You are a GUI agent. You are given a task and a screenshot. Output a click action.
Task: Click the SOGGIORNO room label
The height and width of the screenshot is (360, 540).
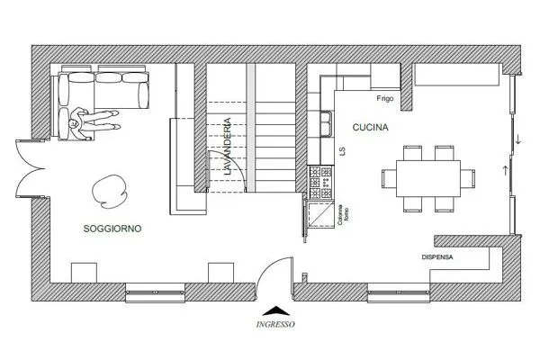pyautogui.click(x=112, y=229)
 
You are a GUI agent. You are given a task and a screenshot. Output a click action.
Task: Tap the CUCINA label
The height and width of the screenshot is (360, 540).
pyautogui.click(x=370, y=127)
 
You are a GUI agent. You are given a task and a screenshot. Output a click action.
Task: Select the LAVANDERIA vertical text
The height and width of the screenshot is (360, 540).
pyautogui.click(x=228, y=147)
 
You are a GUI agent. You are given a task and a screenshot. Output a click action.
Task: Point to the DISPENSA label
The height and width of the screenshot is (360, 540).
pyautogui.click(x=437, y=257)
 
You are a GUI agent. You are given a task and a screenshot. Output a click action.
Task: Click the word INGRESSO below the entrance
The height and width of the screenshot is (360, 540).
pyautogui.click(x=275, y=324)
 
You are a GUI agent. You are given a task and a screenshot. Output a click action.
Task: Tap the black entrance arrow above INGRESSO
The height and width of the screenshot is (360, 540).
pyautogui.click(x=276, y=310)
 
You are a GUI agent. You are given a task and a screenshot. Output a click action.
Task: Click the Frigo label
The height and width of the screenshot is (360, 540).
pyautogui.click(x=385, y=98)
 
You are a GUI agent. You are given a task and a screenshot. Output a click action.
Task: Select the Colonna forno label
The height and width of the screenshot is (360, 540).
pyautogui.click(x=343, y=215)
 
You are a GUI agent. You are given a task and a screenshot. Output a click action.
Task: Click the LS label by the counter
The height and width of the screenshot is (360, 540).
pyautogui.click(x=342, y=151)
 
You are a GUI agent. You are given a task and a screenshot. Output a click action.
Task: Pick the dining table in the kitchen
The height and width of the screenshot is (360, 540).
pyautogui.click(x=428, y=178)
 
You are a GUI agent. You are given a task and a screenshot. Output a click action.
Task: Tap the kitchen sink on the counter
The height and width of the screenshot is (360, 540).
pyautogui.click(x=326, y=123)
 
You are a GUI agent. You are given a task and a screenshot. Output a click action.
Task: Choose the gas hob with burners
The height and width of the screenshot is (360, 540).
pyautogui.click(x=321, y=182)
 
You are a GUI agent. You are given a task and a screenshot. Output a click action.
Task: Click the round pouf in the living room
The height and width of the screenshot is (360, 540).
pyautogui.click(x=109, y=192)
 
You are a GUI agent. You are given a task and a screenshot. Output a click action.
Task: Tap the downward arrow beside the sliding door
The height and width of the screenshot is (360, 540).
pyautogui.click(x=518, y=139)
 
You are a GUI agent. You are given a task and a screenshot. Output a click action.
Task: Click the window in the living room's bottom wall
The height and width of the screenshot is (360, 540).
pyautogui.click(x=155, y=292)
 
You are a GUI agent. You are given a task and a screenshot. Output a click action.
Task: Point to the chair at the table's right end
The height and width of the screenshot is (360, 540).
pyautogui.click(x=468, y=178)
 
